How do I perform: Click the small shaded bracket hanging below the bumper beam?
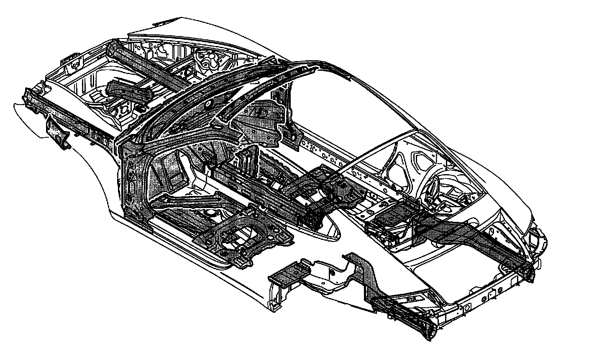[57, 133]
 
